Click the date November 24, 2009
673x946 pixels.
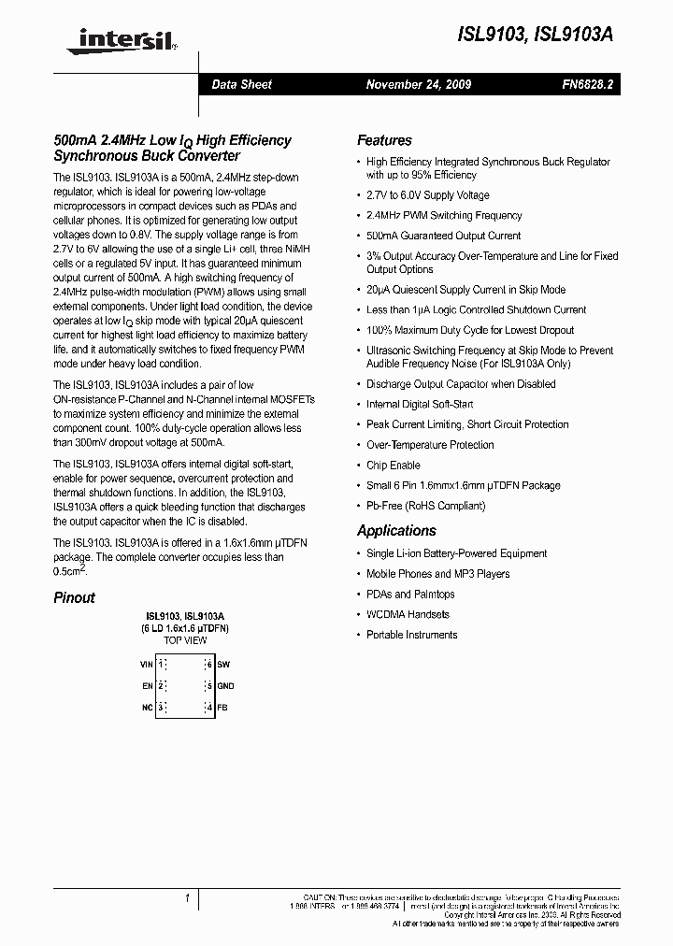[x=418, y=84]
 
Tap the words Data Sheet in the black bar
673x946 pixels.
[x=241, y=84]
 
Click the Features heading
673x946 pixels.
[x=384, y=140]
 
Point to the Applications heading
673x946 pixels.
[x=396, y=531]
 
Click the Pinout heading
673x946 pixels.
[x=74, y=597]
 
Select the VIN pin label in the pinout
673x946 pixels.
[x=146, y=664]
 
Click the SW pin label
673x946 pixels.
[x=222, y=664]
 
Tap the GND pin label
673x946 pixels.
[x=225, y=685]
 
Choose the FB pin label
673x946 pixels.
[x=222, y=707]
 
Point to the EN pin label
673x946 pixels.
[x=147, y=685]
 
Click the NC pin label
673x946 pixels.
[x=147, y=707]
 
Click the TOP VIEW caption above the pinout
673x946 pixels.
[x=185, y=642]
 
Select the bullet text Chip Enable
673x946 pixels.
[x=393, y=466]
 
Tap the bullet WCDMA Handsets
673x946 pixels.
[x=408, y=614]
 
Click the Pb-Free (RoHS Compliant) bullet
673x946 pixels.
[x=425, y=506]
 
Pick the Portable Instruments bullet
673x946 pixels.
[x=411, y=635]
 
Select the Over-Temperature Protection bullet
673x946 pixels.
[x=430, y=445]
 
